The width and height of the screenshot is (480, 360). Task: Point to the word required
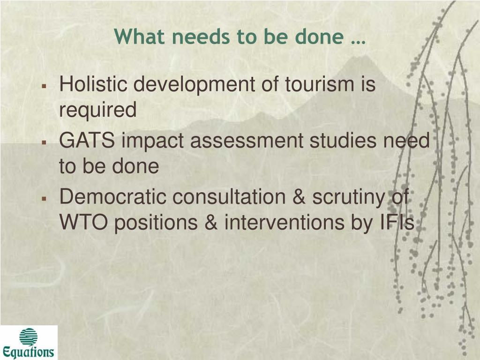point(97,111)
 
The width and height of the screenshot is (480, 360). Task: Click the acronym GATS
point(87,141)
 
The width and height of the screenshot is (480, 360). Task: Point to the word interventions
point(285,222)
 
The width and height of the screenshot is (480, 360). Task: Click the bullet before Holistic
point(45,86)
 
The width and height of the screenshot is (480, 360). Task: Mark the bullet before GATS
point(45,142)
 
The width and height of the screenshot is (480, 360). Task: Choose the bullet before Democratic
point(45,199)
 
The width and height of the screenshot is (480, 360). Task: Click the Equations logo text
point(28,352)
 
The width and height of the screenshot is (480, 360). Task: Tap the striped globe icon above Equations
point(29,337)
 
